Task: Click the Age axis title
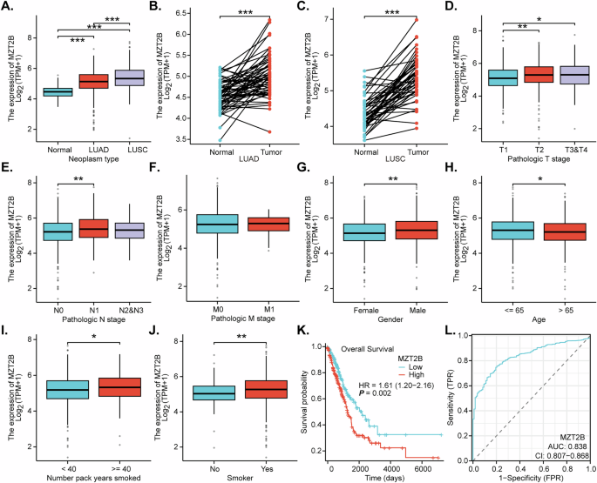pos(541,321)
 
